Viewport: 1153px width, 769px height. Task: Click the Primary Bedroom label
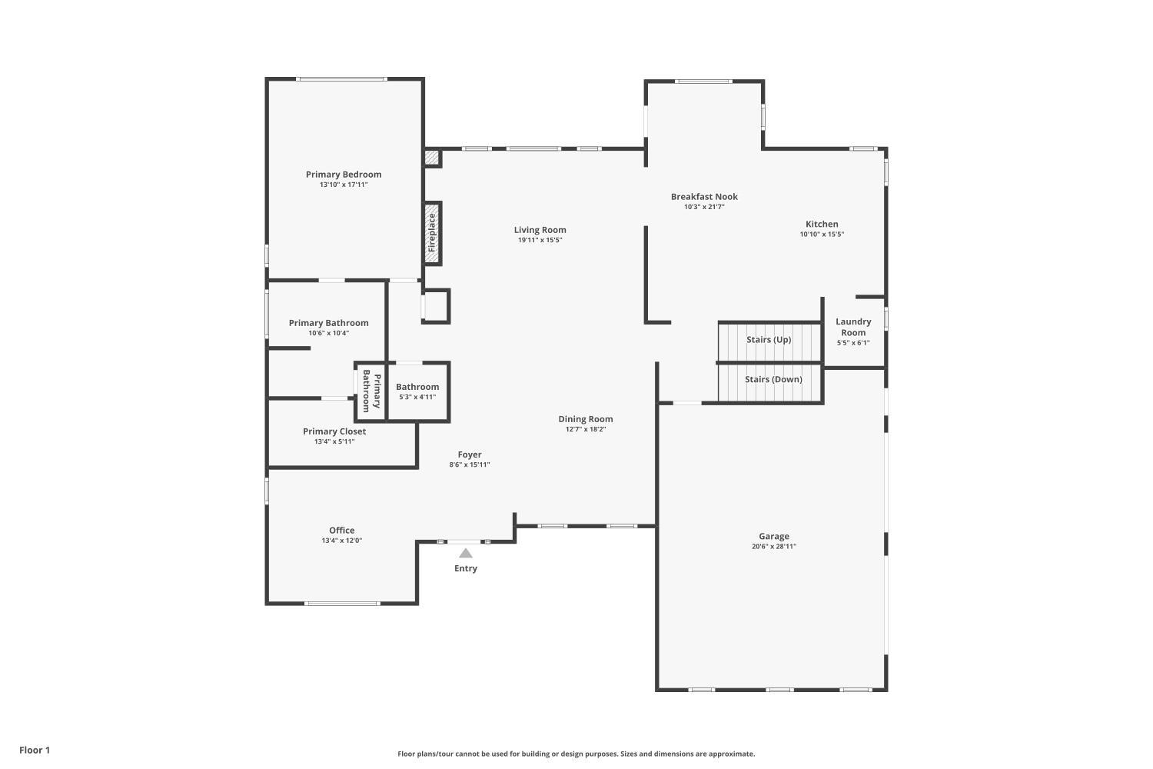(x=344, y=175)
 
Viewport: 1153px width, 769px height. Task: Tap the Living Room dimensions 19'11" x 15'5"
(x=540, y=240)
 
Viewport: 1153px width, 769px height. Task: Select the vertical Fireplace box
(x=433, y=233)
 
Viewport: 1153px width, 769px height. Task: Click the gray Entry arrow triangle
(x=466, y=553)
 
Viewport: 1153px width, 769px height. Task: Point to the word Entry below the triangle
(x=466, y=568)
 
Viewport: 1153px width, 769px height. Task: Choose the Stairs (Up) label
(x=769, y=340)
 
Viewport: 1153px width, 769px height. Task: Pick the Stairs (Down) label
(x=773, y=379)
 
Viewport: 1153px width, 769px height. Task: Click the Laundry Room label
(x=853, y=327)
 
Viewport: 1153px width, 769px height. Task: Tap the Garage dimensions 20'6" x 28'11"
(x=774, y=547)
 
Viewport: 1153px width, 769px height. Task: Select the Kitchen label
(x=822, y=225)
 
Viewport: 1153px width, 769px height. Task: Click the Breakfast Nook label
(x=704, y=197)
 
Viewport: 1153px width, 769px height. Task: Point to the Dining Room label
(x=586, y=419)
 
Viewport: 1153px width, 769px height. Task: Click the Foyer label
(x=470, y=454)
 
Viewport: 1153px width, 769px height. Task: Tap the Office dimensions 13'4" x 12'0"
(x=342, y=541)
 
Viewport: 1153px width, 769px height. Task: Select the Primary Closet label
(x=334, y=431)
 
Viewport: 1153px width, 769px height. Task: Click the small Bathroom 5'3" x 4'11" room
(x=417, y=391)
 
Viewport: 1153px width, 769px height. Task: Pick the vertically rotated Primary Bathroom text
(x=371, y=391)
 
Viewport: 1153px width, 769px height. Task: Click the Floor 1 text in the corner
(x=35, y=750)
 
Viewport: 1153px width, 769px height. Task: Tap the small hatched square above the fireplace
(x=433, y=158)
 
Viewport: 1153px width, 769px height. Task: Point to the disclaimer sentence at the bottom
(x=576, y=754)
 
